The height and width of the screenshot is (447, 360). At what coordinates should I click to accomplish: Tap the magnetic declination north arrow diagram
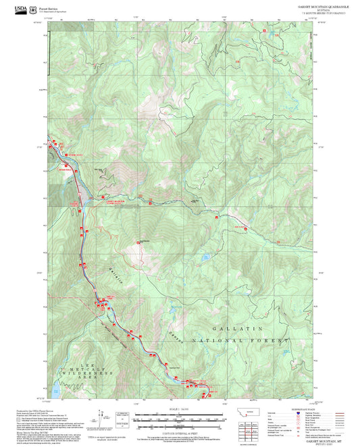(x=102, y=419)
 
